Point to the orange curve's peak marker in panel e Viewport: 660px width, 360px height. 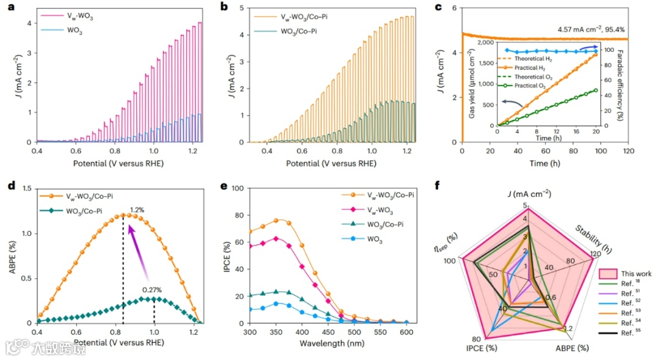click(x=276, y=220)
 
